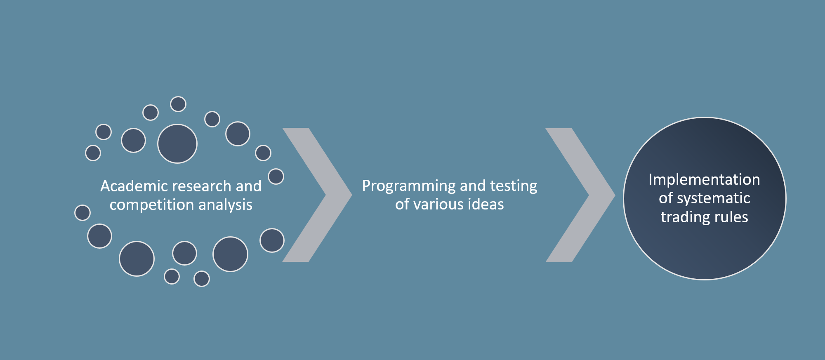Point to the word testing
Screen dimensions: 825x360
click(514, 186)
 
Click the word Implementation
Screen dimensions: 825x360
click(704, 179)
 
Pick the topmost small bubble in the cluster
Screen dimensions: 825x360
click(178, 104)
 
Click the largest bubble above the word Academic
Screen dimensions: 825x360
click(177, 144)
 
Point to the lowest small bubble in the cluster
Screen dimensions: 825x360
click(202, 279)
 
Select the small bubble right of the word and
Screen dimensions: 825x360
click(276, 176)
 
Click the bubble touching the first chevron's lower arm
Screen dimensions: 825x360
click(272, 240)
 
